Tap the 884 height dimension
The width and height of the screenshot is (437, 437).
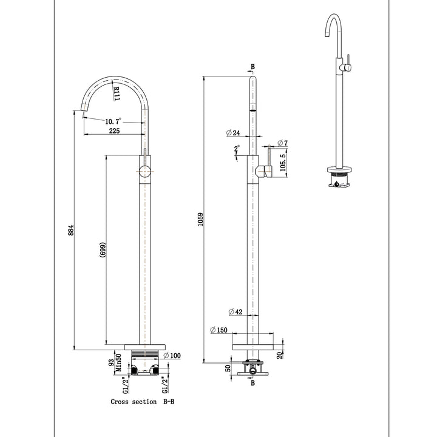coord(71,231)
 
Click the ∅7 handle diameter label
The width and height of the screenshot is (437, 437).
coord(283,143)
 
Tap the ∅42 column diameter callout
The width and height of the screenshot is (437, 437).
coord(236,312)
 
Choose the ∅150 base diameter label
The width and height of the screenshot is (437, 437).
coord(219,330)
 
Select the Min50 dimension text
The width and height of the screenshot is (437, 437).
coord(120,362)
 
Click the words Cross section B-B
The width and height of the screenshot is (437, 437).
coord(142,401)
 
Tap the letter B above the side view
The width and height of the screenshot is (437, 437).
coord(252,66)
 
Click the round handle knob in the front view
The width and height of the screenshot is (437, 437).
coord(145,172)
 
